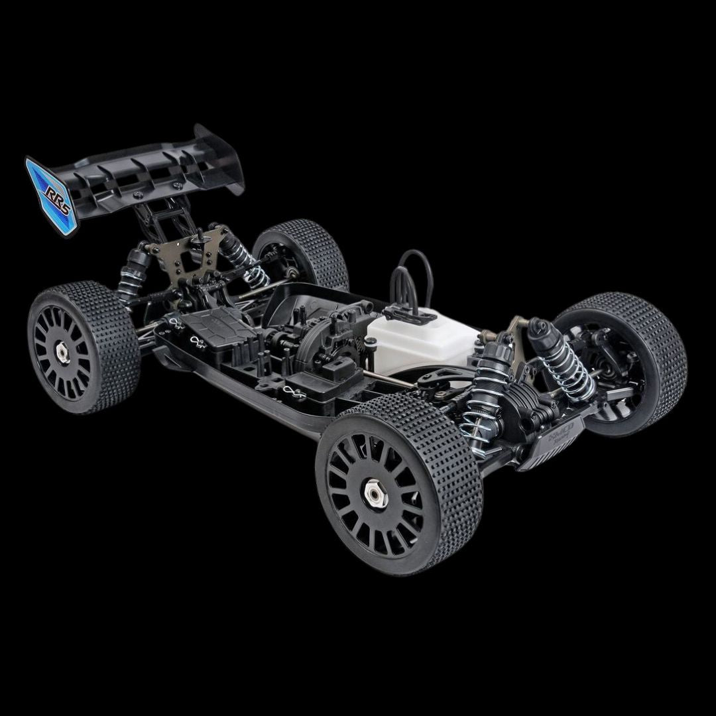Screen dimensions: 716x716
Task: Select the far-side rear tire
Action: [x=305, y=252]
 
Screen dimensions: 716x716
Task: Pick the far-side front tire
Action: [x=623, y=358]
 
